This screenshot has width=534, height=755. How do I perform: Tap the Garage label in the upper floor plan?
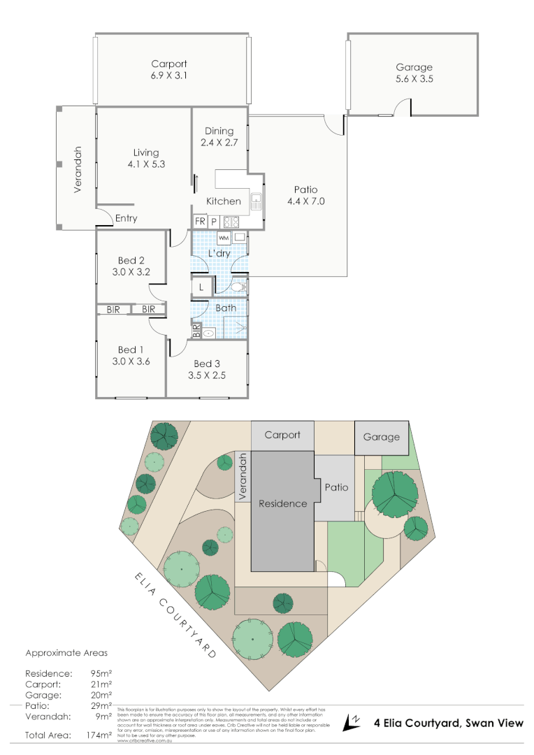coord(414,67)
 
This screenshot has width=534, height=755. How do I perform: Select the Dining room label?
coord(219,131)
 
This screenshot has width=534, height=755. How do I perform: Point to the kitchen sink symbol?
coord(256,202)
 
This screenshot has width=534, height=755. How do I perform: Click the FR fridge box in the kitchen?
coord(200,222)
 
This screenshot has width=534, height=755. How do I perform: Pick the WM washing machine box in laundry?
coord(224,238)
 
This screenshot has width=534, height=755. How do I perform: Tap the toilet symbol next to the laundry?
coord(238,287)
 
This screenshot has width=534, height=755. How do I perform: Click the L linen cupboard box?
coord(201,287)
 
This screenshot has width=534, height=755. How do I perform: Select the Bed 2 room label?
coord(131,261)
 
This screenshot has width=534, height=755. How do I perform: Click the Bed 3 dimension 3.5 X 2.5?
coord(207,375)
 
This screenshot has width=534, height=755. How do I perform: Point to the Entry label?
coord(126,218)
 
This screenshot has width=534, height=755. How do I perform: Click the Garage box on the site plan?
coord(381,437)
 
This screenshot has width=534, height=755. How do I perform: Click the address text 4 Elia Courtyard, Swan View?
coord(448,723)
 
